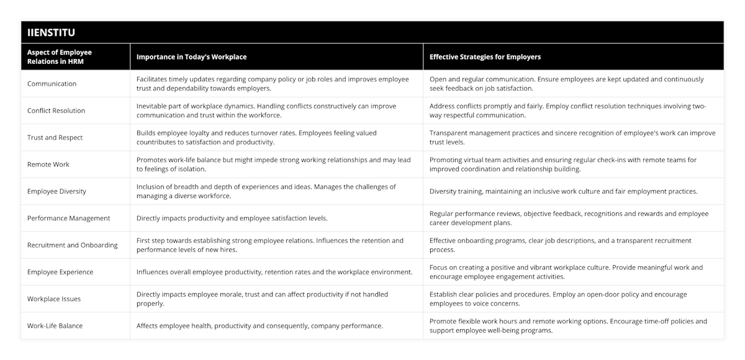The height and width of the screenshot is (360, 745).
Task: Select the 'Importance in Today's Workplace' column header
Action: click(x=191, y=56)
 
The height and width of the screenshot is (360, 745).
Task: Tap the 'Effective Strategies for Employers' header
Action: click(x=485, y=56)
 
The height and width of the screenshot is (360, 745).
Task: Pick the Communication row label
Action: click(x=52, y=84)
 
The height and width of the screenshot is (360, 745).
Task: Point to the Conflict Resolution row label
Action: click(x=56, y=110)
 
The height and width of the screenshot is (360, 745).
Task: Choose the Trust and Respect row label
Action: click(x=55, y=137)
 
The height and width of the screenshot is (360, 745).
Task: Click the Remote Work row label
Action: click(x=48, y=164)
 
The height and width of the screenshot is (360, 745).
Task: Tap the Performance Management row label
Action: click(x=69, y=218)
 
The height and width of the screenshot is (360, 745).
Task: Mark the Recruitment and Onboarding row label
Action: click(x=73, y=245)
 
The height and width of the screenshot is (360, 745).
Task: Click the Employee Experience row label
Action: click(x=60, y=272)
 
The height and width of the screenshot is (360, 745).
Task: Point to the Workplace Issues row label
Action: click(x=54, y=299)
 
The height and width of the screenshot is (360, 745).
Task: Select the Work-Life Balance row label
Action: click(x=55, y=325)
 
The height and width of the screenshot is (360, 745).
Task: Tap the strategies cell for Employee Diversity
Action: click(x=563, y=191)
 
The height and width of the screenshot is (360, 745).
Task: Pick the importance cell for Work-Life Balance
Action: click(x=260, y=325)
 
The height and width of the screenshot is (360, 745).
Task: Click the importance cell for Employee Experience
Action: click(x=274, y=272)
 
